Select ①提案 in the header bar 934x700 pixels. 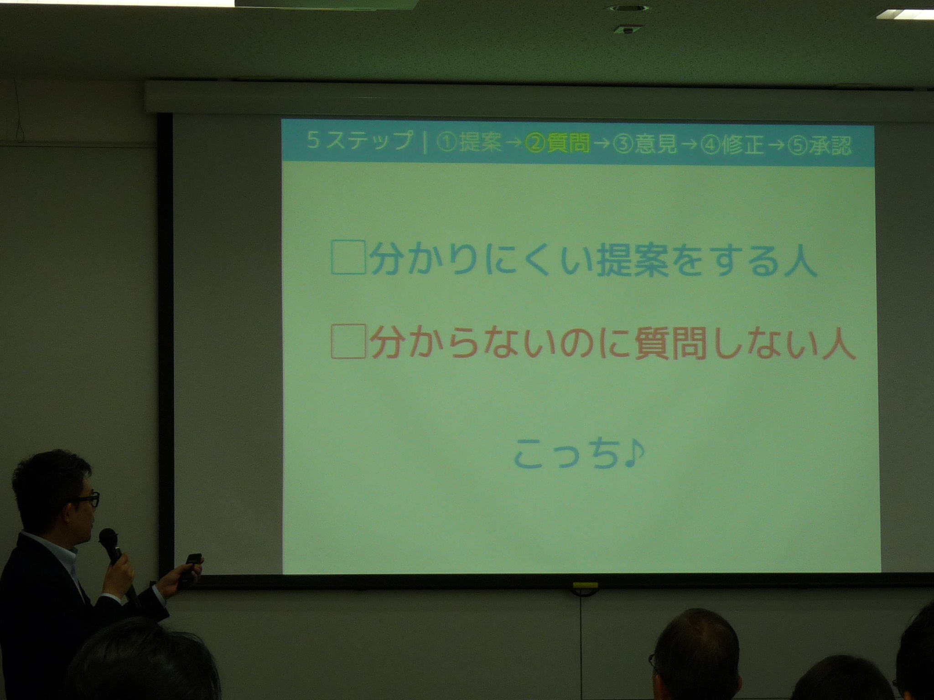coord(468,144)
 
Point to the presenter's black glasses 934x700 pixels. coord(87,499)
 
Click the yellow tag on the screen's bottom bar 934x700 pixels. coord(585,584)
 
